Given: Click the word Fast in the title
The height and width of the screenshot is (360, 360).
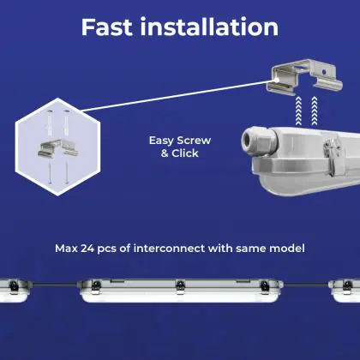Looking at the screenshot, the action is tap(107, 27).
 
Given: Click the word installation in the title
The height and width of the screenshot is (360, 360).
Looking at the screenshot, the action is tap(209, 27).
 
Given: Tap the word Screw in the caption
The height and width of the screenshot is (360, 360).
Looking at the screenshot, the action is tap(194, 141).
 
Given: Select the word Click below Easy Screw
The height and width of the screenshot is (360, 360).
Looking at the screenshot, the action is tap(185, 153).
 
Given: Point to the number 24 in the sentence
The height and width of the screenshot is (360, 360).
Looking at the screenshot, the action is tap(87, 249).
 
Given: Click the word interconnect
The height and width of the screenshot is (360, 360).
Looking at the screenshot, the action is tap(169, 249).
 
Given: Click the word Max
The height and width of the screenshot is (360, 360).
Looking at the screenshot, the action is tap(66, 249).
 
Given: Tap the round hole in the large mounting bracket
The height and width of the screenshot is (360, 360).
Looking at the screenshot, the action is tap(323, 72).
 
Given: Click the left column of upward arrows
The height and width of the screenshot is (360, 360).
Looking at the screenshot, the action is tap(298, 111).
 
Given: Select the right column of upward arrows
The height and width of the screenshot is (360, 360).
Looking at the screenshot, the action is tap(315, 111).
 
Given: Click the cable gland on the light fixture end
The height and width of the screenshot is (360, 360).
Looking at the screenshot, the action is tap(259, 141).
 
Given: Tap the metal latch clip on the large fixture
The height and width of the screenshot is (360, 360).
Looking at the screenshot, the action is tap(333, 157).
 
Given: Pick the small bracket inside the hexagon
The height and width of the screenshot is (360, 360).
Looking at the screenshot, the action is tap(58, 148).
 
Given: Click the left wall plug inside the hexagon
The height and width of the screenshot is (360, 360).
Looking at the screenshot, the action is tap(50, 123).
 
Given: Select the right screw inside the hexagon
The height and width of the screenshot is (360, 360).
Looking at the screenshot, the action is tap(67, 173).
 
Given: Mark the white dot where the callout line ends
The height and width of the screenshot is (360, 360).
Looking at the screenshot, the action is tap(277, 80).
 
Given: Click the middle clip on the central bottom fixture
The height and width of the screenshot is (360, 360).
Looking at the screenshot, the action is tap(180, 287).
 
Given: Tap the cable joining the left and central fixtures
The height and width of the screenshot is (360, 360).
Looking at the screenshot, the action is tap(54, 285).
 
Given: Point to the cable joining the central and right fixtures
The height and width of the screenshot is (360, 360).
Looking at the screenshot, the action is tap(306, 285).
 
